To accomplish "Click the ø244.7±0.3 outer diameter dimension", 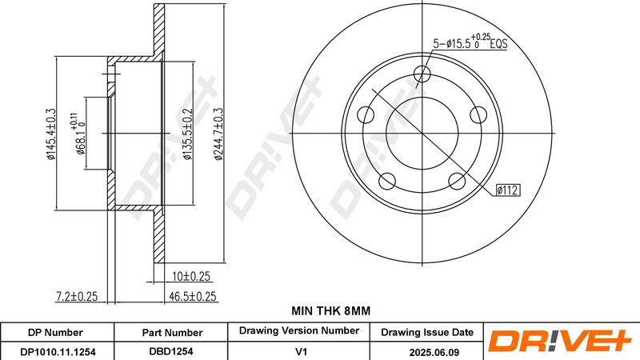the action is click(218, 134).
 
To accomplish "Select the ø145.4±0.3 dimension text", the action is click(50, 134).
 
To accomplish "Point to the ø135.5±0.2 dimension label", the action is click(187, 134).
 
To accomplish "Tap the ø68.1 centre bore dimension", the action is click(78, 134).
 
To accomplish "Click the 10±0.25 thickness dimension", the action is click(191, 276).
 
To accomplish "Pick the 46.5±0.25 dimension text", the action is click(193, 296).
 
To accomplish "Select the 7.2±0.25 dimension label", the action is click(77, 296).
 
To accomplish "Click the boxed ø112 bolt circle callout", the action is click(508, 190).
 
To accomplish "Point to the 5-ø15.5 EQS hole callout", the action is click(470, 42).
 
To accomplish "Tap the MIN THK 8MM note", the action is click(331, 311).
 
